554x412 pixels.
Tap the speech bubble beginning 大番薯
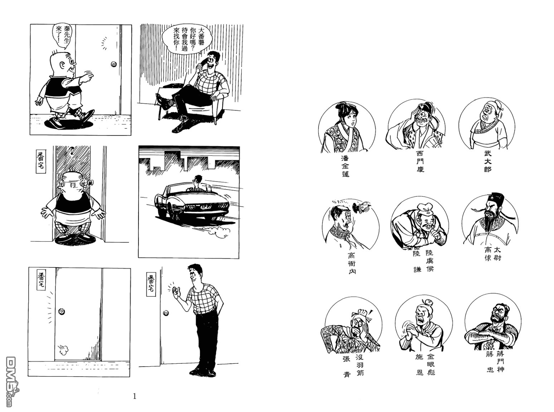[187, 40]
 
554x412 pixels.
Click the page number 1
[135, 396]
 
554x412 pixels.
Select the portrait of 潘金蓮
[346, 128]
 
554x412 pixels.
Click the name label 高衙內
[352, 264]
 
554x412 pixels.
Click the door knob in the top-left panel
[114, 64]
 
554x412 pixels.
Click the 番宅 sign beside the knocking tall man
[151, 284]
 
